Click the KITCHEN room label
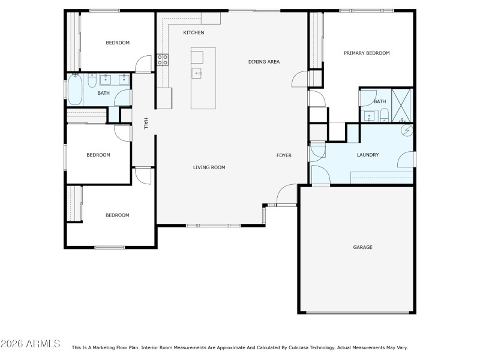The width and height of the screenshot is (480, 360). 193,32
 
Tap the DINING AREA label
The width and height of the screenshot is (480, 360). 264,62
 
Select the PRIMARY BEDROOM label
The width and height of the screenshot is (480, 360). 367,53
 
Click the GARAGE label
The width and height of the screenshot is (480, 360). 362,247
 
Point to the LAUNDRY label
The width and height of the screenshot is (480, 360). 368,155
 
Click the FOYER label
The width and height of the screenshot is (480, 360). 284,155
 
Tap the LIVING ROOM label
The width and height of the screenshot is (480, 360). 209,167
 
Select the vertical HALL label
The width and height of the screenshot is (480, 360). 145,123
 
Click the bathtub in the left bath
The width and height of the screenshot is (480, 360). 75,91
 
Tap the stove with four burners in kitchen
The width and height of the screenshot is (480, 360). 163,59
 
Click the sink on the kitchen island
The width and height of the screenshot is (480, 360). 197,73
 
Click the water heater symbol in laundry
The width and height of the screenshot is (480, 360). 406,130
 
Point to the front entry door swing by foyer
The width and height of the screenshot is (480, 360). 287,195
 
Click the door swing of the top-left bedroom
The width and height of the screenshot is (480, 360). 143,64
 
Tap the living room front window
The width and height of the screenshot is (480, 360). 213,226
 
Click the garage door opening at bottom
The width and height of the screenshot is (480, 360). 358,313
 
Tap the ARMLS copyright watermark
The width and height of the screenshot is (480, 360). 30,344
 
